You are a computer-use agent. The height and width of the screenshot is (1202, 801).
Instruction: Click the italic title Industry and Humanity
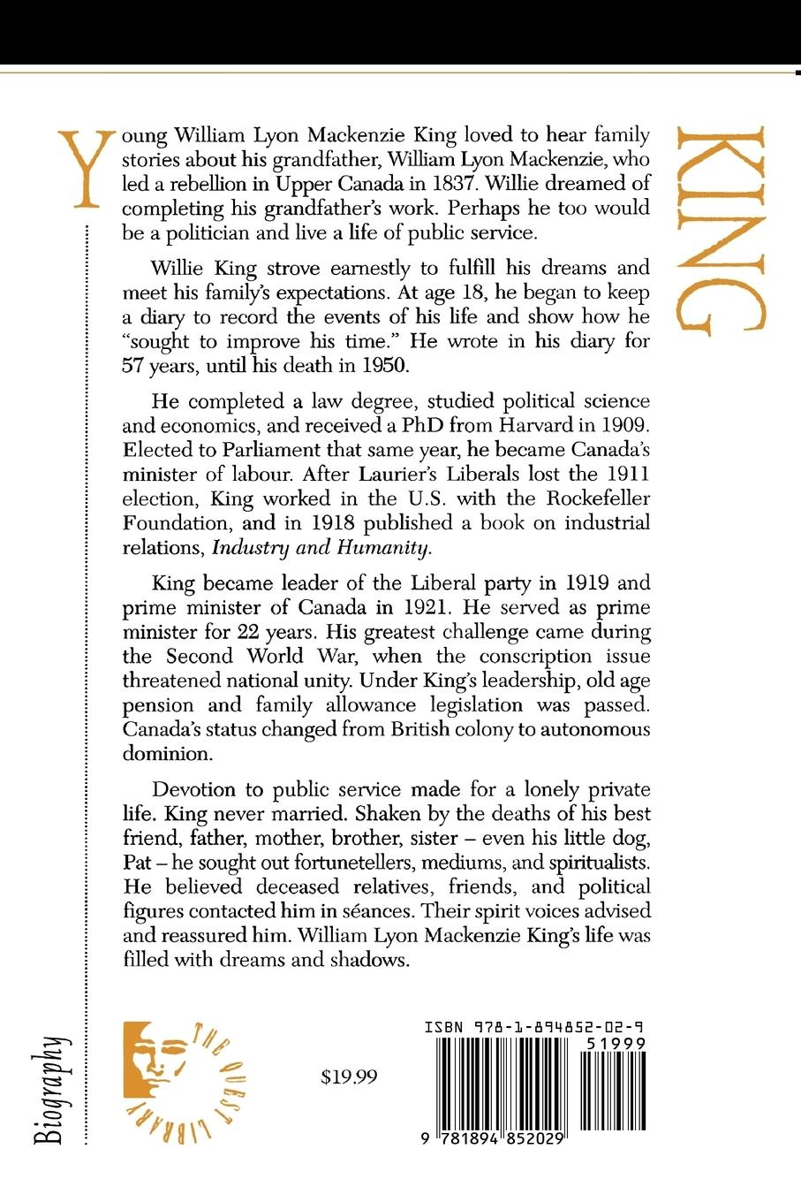[x=322, y=547]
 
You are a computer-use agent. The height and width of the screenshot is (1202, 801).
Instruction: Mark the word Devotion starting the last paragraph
[x=194, y=788]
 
